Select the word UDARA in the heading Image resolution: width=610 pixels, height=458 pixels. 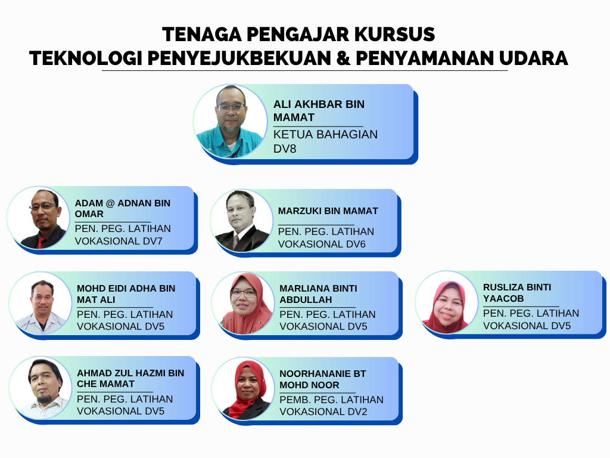tap(533, 58)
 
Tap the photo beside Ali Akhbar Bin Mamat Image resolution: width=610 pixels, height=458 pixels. tap(230, 121)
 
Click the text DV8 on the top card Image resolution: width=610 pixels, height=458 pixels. tap(285, 148)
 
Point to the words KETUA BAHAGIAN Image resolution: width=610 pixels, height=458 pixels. tap(326, 134)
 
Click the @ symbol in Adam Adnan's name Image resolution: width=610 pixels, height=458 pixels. tap(110, 203)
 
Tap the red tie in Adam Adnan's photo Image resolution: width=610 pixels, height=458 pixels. tap(41, 242)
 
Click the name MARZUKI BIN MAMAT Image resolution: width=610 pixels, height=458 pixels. tap(328, 211)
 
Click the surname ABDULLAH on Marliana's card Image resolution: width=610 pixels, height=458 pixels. tap(306, 299)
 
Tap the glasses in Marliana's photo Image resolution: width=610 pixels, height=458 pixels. tap(243, 293)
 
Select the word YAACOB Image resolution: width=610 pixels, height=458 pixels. tap(503, 298)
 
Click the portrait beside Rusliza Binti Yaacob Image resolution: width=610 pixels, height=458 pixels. tap(446, 302)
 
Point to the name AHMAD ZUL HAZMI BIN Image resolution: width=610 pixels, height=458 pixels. tap(130, 373)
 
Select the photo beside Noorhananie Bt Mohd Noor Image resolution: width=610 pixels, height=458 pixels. tap(243, 389)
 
